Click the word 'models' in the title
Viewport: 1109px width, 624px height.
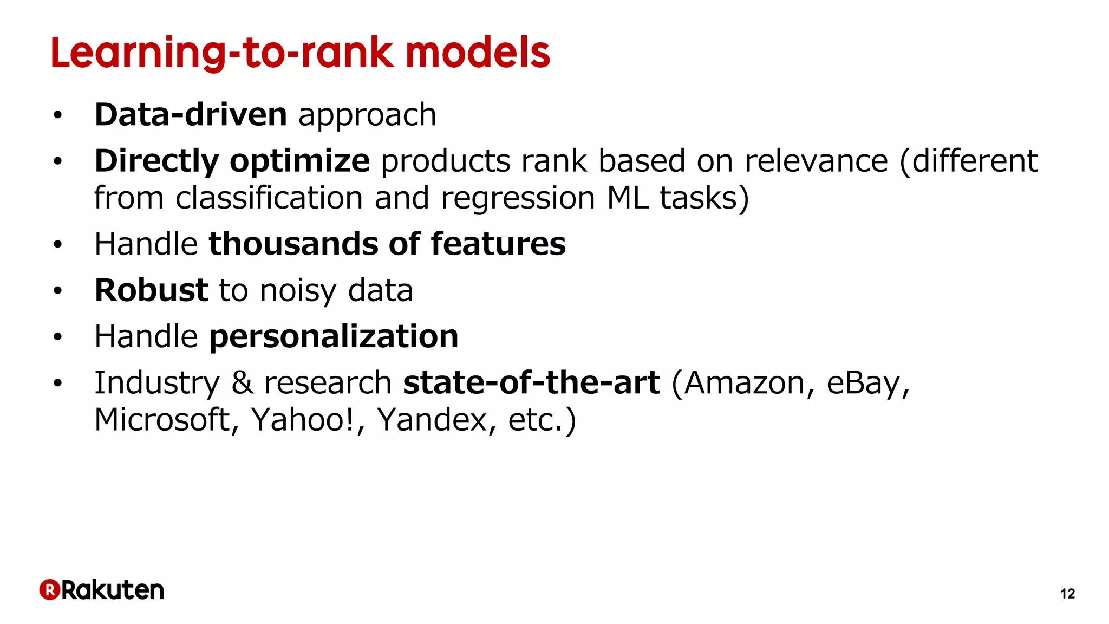478,53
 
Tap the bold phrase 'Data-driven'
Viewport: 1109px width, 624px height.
191,115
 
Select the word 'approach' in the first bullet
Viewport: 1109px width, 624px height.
367,116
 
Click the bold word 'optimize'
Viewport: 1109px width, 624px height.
299,161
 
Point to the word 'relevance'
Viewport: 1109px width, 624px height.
816,161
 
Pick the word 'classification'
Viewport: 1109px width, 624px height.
269,198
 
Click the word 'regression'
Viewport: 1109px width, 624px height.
518,199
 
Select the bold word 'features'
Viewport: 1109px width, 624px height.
498,244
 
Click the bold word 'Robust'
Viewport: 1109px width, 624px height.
151,290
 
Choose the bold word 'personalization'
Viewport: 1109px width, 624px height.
334,337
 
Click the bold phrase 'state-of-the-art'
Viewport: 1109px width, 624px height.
531,383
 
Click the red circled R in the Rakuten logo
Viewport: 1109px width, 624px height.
49,590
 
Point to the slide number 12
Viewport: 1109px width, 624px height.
1067,594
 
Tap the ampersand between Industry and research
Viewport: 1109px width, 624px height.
242,383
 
